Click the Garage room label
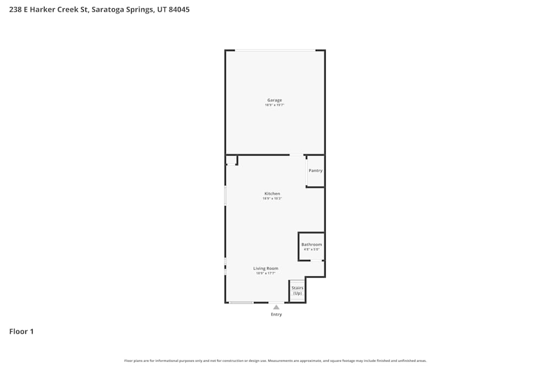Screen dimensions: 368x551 (x=274, y=100)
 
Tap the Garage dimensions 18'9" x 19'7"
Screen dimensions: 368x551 (x=274, y=105)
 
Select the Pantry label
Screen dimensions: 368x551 (x=316, y=171)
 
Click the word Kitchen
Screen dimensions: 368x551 (x=272, y=194)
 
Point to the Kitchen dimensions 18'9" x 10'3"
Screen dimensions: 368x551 (x=272, y=199)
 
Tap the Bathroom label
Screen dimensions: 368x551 (x=311, y=244)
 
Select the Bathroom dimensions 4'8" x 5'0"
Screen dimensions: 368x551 (x=311, y=249)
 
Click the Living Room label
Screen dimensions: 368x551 (x=266, y=269)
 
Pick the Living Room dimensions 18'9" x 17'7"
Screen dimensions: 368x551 (x=266, y=273)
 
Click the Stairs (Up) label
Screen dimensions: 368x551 (x=298, y=291)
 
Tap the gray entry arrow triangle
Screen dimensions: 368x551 (x=276, y=307)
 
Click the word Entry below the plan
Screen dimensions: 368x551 (x=276, y=314)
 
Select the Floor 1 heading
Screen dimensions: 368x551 (x=21, y=332)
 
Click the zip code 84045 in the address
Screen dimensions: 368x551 (x=179, y=9)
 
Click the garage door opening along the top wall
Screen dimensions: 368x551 (x=275, y=51)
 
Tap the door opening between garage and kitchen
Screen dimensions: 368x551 (x=296, y=154)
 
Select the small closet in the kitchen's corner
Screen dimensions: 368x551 (x=231, y=160)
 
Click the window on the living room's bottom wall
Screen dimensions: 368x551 (x=241, y=302)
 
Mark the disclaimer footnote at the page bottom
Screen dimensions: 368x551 (x=275, y=361)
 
